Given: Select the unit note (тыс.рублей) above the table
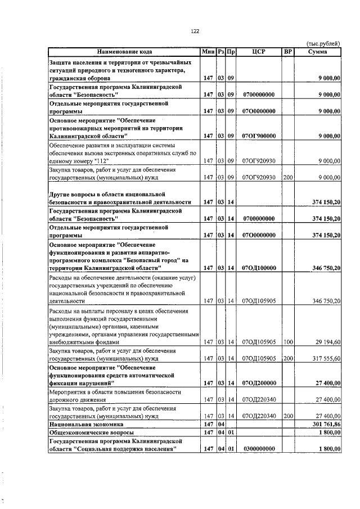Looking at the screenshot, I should tap(323, 44).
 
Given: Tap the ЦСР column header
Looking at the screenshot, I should tap(259, 52).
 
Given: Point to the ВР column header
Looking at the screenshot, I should tap(288, 52).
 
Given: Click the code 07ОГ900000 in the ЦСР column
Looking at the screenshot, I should tap(259, 136).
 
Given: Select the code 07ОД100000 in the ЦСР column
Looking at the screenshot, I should tap(259, 268).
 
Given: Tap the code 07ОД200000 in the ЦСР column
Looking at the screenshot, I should tap(259, 383).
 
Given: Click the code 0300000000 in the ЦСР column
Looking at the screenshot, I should tap(259, 448).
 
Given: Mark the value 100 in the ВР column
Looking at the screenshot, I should tap(288, 341).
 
